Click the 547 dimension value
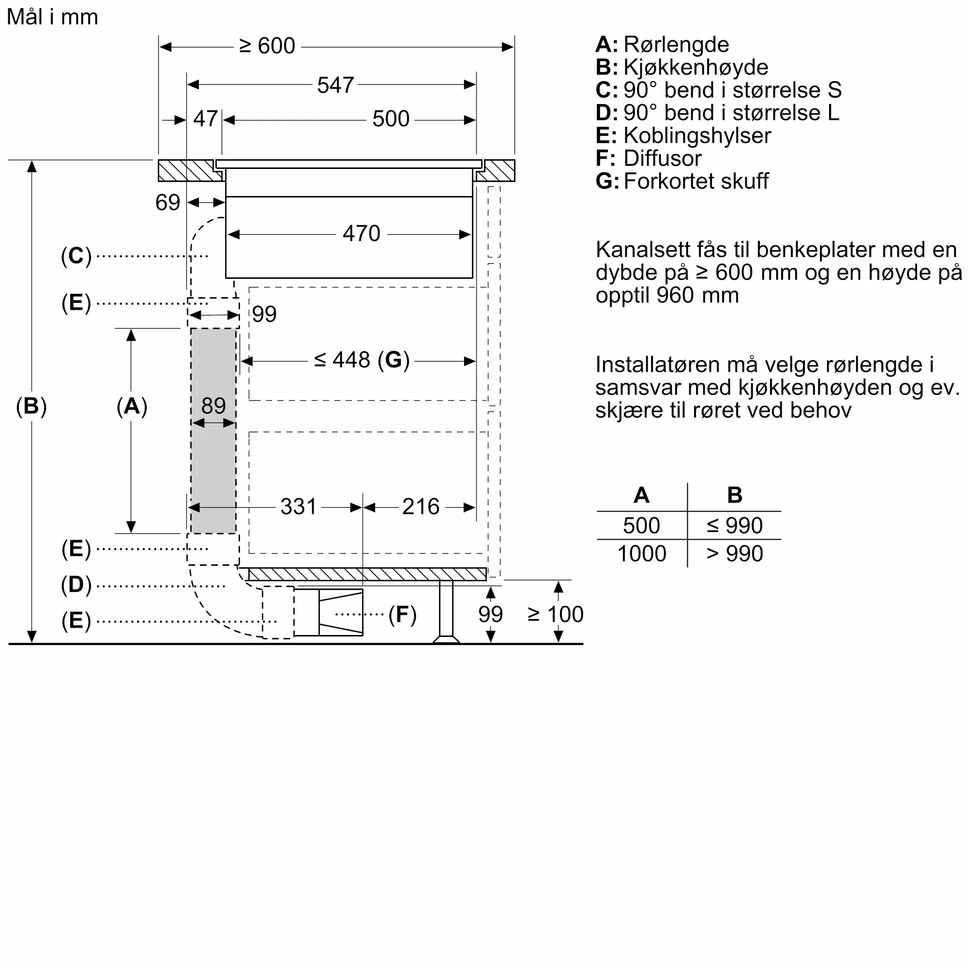pos(336,85)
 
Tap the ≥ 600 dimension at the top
pos(267,46)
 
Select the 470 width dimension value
pos(361,233)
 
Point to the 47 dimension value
pos(205,119)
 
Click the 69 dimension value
pos(167,202)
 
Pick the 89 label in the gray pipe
pos(213,405)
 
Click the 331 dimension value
pos(299,507)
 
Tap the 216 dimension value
pos(421,507)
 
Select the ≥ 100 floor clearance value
pos(555,614)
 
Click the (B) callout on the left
pos(31,406)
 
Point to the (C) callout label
pos(76,256)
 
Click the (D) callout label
pos(76,585)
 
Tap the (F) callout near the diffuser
pos(402,614)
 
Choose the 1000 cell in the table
pos(641,554)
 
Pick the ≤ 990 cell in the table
pos(735,526)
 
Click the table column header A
pos(641,495)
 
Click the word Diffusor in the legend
pos(663,158)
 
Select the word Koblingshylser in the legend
pos(697,136)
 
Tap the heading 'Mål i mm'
pos(52,16)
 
